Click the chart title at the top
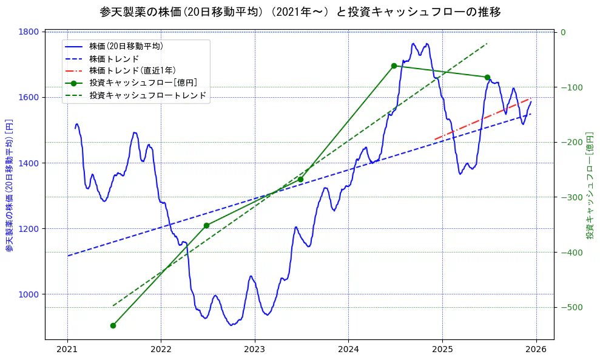(x=300, y=12)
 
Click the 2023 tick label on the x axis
(x=254, y=350)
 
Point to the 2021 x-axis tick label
(x=67, y=350)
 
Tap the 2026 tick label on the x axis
(x=536, y=350)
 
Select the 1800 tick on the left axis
(x=30, y=32)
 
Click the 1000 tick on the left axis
(x=30, y=294)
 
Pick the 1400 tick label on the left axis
(x=30, y=163)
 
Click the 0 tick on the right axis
(x=563, y=32)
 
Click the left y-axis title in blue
(x=9, y=186)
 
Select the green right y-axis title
(x=590, y=186)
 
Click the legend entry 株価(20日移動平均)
(x=126, y=46)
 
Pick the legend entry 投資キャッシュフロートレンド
(x=147, y=95)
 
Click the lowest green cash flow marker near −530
(x=113, y=325)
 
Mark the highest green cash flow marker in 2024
(x=394, y=66)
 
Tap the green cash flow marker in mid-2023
(x=300, y=179)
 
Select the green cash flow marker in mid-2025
(x=487, y=77)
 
